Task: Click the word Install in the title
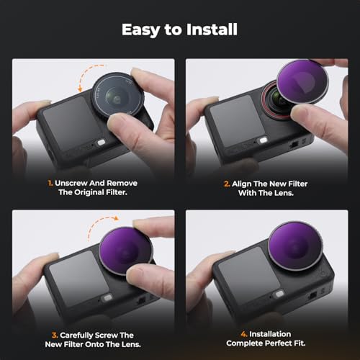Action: tap(212, 30)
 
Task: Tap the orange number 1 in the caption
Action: tap(50, 184)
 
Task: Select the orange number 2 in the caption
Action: tap(227, 184)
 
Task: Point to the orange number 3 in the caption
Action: tap(55, 336)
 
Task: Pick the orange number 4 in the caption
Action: tap(244, 334)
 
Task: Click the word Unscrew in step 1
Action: tap(71, 183)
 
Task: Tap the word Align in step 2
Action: tap(242, 184)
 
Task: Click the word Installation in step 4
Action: tap(270, 334)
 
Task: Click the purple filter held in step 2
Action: tap(302, 81)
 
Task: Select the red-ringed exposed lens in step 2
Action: tap(276, 100)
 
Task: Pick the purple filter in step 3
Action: tap(125, 251)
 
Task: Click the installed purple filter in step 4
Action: tap(295, 246)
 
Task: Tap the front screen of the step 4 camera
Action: tap(249, 275)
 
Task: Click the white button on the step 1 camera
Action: tap(102, 143)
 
